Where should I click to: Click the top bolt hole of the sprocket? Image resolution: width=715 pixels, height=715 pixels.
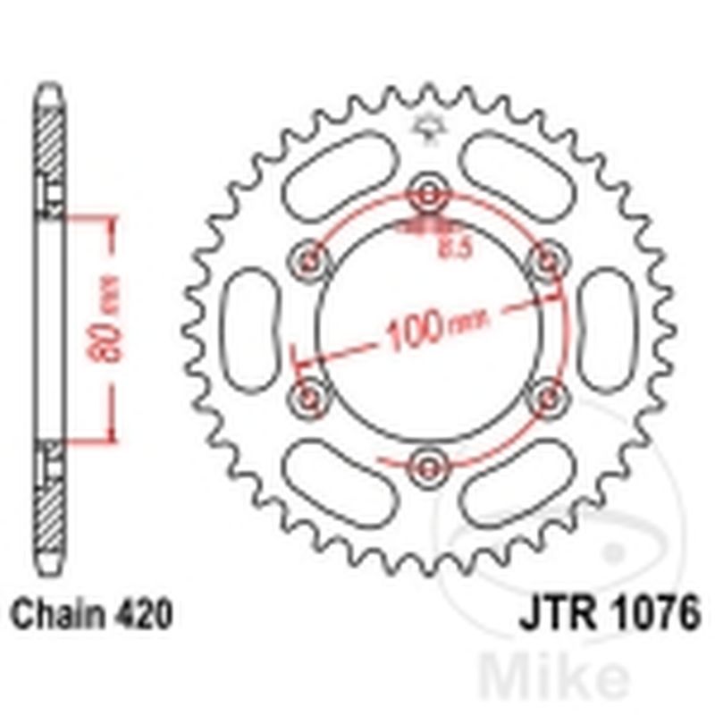(428, 195)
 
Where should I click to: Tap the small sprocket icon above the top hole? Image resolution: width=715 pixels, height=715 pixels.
(428, 127)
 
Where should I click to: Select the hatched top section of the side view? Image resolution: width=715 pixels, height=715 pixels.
(50, 134)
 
